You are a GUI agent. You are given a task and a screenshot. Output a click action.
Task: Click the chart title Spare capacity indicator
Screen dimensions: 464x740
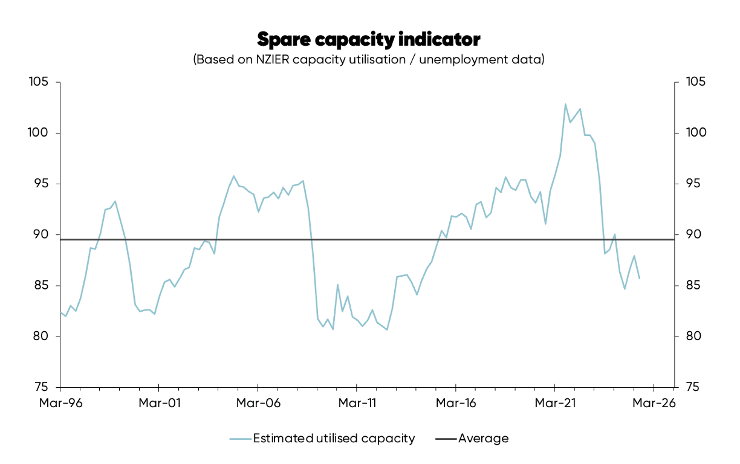(x=369, y=39)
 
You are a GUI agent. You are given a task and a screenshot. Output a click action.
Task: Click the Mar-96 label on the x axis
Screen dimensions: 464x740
(x=60, y=403)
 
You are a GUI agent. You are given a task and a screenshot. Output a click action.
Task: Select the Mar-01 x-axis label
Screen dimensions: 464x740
(x=158, y=403)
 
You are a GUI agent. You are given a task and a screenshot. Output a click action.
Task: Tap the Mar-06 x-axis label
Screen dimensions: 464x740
(x=258, y=403)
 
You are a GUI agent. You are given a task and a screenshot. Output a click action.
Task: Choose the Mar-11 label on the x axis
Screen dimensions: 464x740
(x=357, y=403)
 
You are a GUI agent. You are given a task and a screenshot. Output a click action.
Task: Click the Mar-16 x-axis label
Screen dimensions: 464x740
(x=455, y=403)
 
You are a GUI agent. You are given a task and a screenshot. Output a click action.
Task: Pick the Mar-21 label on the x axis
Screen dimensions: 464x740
(x=554, y=403)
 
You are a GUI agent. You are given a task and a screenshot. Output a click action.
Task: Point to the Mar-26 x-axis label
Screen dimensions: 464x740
(x=654, y=403)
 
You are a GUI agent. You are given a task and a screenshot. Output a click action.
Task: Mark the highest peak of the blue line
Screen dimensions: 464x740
(x=565, y=104)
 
